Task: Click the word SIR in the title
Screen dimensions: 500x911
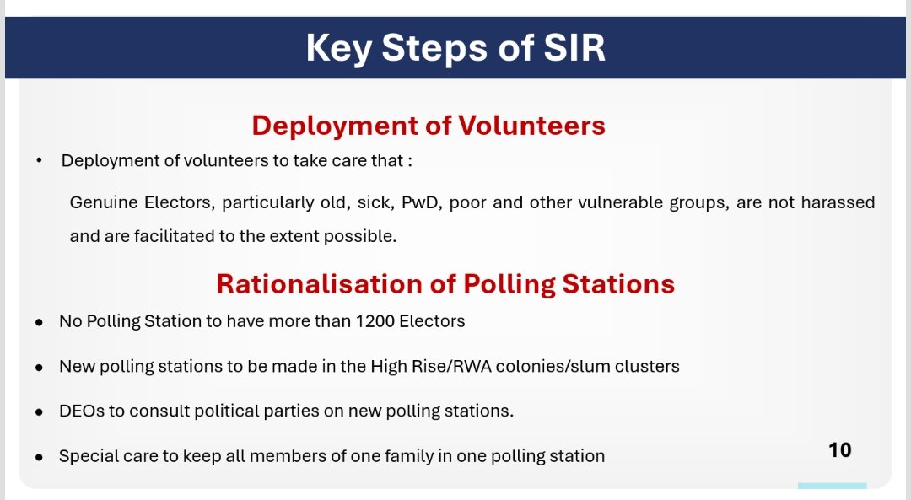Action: [x=574, y=48]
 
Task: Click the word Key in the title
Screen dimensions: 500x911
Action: [x=338, y=48]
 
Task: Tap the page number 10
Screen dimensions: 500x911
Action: [x=839, y=450]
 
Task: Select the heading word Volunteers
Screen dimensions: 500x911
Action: [x=531, y=126]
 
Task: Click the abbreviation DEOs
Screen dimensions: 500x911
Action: [x=81, y=411]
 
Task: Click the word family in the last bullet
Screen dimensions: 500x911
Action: [x=405, y=456]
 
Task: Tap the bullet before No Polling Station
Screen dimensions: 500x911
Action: [x=40, y=323]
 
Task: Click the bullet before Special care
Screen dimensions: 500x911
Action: [x=40, y=457]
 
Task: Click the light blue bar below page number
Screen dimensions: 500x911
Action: [x=832, y=487]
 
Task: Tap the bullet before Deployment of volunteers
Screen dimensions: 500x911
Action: [x=40, y=160]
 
